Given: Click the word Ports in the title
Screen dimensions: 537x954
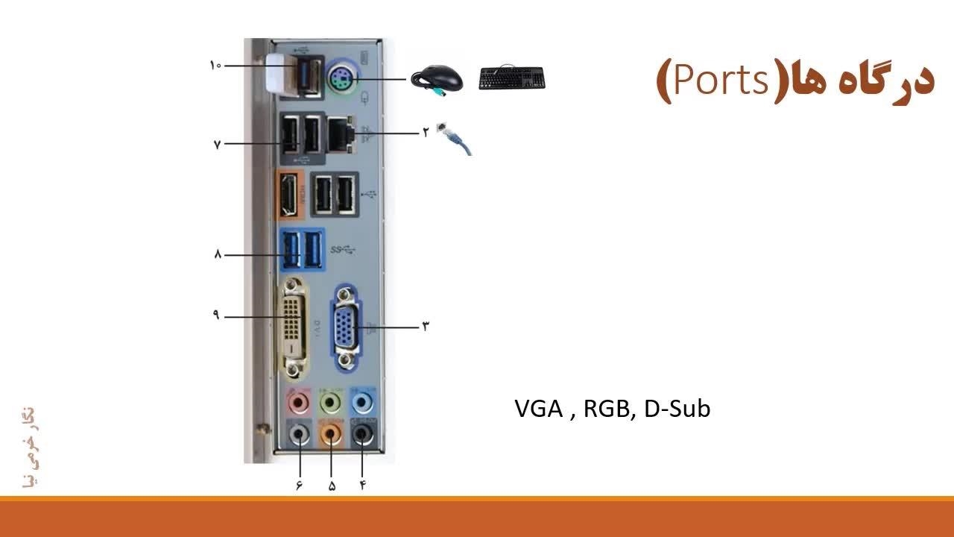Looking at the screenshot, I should pos(720,80).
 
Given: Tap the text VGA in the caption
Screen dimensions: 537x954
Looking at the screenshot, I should pos(538,409).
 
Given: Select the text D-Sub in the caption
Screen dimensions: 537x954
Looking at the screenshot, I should pos(677,409).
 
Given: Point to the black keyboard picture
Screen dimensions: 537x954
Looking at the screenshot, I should pos(511,78).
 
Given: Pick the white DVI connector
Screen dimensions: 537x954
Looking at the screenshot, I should pos(294,327).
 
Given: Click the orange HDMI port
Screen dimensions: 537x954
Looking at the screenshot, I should pos(288,195).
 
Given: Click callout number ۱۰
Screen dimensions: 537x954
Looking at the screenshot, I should pos(215,66).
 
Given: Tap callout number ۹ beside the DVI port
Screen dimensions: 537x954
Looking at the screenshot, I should pos(216,315).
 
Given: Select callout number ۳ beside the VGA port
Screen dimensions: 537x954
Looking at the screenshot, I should pos(426,326).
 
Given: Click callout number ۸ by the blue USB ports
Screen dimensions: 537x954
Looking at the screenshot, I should pos(218,254).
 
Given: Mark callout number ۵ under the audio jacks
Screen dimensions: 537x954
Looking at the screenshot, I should pos(332,486).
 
